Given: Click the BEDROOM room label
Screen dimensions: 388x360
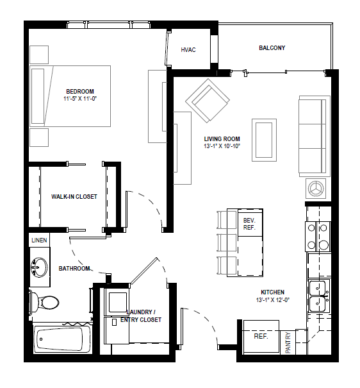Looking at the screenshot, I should (x=79, y=90).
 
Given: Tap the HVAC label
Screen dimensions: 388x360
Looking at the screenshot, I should (x=188, y=49).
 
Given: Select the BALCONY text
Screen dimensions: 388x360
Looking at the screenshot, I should (x=272, y=48).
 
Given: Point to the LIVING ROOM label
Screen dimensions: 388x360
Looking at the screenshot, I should (x=222, y=139).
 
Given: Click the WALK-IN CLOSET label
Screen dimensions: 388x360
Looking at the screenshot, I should (x=74, y=197).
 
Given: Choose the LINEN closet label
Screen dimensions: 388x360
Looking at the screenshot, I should (x=38, y=240).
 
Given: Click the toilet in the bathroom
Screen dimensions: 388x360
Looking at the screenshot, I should (x=45, y=300).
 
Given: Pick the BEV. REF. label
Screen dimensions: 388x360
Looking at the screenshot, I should (x=249, y=223).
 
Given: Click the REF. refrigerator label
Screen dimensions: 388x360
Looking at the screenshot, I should (x=260, y=336).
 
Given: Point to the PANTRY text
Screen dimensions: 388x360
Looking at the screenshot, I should (x=289, y=342).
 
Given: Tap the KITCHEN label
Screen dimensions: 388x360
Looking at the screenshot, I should (x=273, y=292).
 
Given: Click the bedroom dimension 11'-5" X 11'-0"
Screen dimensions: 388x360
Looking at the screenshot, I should (x=79, y=99).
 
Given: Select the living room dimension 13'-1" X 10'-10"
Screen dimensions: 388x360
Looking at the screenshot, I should (x=222, y=146).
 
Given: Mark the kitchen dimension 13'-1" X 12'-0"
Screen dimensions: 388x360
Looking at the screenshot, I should (x=273, y=299).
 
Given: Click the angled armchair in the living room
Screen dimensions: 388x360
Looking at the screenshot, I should (x=208, y=102).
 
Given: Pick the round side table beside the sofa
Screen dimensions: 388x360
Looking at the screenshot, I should (x=316, y=187).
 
